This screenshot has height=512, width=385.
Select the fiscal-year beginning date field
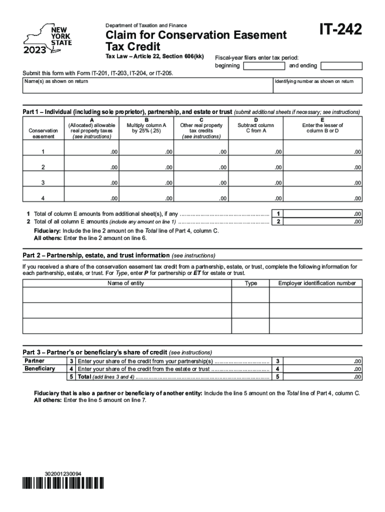pyautogui.click(x=263, y=66)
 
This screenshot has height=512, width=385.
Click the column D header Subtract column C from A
pyautogui.click(x=255, y=128)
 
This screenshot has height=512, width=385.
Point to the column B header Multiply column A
pyautogui.click(x=146, y=128)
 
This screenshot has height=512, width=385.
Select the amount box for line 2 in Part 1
pyautogui.click(x=323, y=221)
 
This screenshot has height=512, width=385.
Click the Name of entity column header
pyautogui.click(x=125, y=283)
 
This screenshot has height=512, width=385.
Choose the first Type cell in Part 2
pyautogui.click(x=251, y=294)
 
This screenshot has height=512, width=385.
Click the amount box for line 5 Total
pyautogui.click(x=323, y=376)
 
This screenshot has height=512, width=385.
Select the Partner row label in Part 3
pyautogui.click(x=34, y=361)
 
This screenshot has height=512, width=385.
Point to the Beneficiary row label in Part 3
pyautogui.click(x=40, y=368)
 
